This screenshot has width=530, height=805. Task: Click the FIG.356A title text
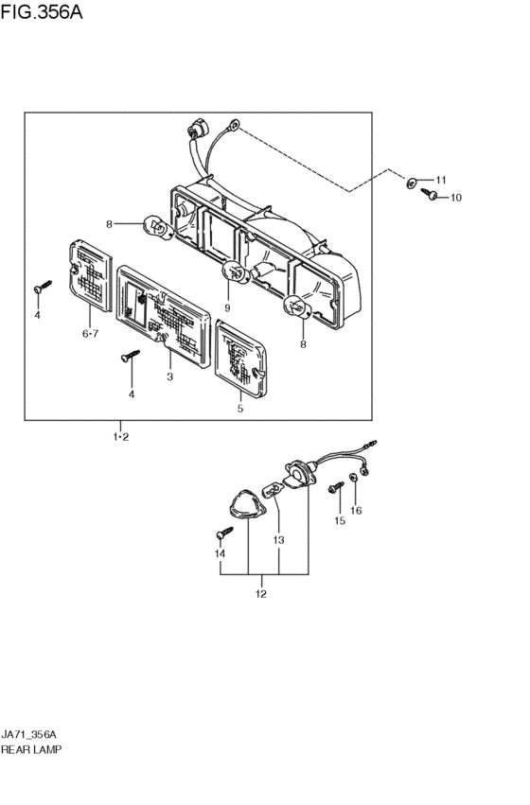tap(42, 12)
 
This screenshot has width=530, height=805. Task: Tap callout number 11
tap(441, 180)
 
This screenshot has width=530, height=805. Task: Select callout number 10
tap(456, 198)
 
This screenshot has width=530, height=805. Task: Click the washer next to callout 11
tap(412, 183)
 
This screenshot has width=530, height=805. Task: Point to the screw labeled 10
tap(429, 194)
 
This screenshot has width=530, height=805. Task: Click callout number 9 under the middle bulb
tap(227, 308)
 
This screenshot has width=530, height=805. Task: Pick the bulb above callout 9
tap(236, 272)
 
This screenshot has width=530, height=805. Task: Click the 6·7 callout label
tap(91, 334)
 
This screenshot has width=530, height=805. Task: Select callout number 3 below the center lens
tap(170, 376)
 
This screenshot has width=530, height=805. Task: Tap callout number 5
tap(240, 409)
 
